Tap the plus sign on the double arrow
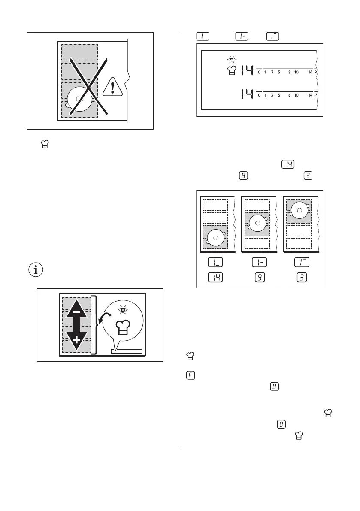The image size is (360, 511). [x=76, y=341]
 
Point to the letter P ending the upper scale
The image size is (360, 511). [x=315, y=73]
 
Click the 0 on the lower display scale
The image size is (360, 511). [x=259, y=95]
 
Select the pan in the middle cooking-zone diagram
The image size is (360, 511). [x=257, y=224]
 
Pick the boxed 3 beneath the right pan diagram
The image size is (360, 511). [x=299, y=278]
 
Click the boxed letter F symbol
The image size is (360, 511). [x=191, y=375]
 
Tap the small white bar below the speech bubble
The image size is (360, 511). [x=126, y=351]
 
